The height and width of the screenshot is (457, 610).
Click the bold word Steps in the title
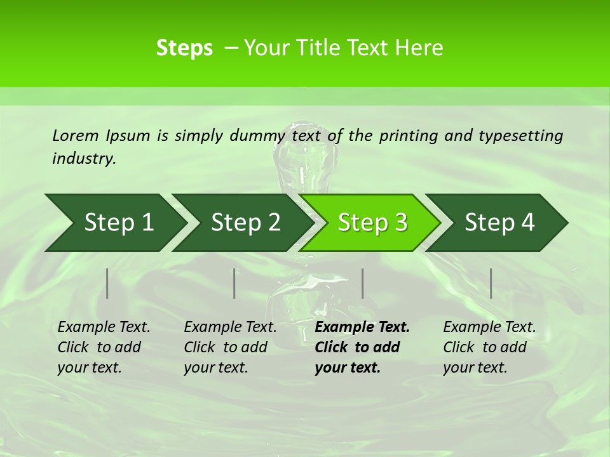[x=184, y=48]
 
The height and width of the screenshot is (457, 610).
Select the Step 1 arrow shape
[x=114, y=223]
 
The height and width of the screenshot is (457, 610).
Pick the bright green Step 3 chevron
[x=370, y=223]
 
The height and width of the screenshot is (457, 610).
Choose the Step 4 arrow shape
[x=498, y=223]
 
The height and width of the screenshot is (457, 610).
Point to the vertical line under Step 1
[x=107, y=283]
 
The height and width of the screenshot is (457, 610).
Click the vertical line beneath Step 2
[x=234, y=283]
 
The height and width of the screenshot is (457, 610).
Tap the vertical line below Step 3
[x=362, y=283]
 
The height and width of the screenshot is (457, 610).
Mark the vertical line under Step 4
[x=491, y=283]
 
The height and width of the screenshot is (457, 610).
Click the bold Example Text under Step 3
[x=362, y=347]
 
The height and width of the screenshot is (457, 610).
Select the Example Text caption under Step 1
[x=104, y=347]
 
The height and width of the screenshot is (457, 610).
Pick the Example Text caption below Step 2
[x=230, y=347]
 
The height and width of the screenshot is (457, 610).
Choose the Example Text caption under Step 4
[x=489, y=347]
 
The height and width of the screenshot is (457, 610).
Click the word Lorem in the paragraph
[x=75, y=136]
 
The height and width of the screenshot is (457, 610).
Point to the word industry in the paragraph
[x=83, y=159]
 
